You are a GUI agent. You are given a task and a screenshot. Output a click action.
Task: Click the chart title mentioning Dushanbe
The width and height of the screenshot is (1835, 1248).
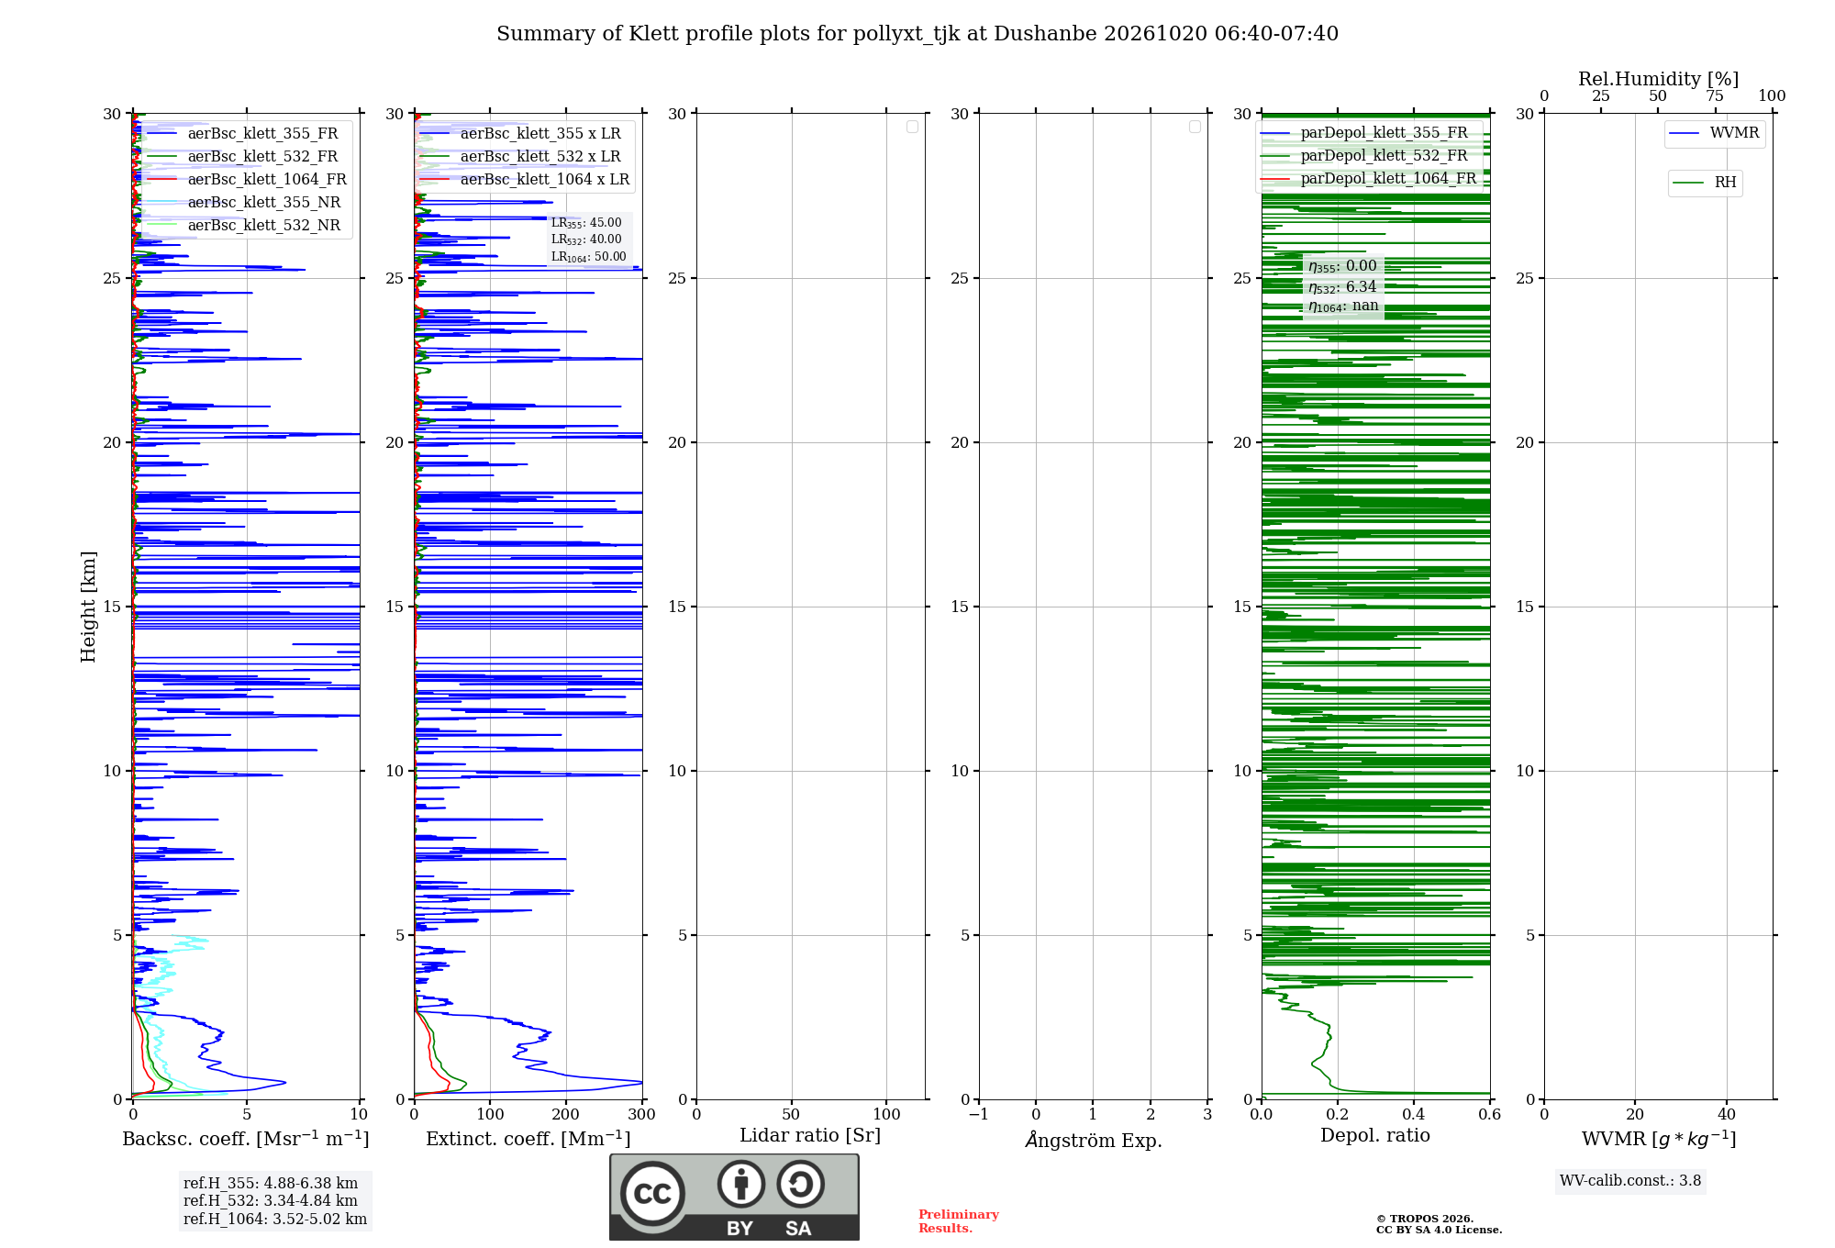[917, 34]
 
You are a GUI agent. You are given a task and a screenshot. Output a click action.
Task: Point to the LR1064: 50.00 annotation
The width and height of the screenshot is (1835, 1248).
[588, 257]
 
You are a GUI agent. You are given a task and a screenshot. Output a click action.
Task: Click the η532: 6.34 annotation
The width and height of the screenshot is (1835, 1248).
[1342, 287]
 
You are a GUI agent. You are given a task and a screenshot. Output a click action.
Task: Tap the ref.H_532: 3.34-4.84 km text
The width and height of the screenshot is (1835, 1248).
[271, 1200]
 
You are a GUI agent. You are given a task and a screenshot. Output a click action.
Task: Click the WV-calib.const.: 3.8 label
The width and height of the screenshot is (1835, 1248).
[1630, 1181]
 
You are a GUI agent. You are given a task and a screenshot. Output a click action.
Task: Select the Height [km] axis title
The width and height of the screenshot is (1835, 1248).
[88, 607]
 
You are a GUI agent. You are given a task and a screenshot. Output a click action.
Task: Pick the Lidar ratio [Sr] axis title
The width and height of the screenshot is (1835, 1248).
[810, 1136]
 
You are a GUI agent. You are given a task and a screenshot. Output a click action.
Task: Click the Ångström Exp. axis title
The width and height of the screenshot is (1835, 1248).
[1094, 1140]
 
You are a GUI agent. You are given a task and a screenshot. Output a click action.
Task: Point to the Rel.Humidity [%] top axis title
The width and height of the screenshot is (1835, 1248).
[1658, 79]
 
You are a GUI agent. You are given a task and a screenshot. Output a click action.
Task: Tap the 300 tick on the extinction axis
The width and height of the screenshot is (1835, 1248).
[642, 1114]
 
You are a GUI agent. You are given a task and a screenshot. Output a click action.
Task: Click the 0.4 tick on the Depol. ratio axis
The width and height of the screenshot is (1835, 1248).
[1414, 1114]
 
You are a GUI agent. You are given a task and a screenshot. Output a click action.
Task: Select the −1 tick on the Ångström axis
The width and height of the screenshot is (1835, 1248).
[979, 1114]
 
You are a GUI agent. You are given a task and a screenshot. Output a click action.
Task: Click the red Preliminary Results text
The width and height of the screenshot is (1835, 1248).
[959, 1221]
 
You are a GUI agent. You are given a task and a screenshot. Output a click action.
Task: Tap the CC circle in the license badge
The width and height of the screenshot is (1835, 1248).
[652, 1194]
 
